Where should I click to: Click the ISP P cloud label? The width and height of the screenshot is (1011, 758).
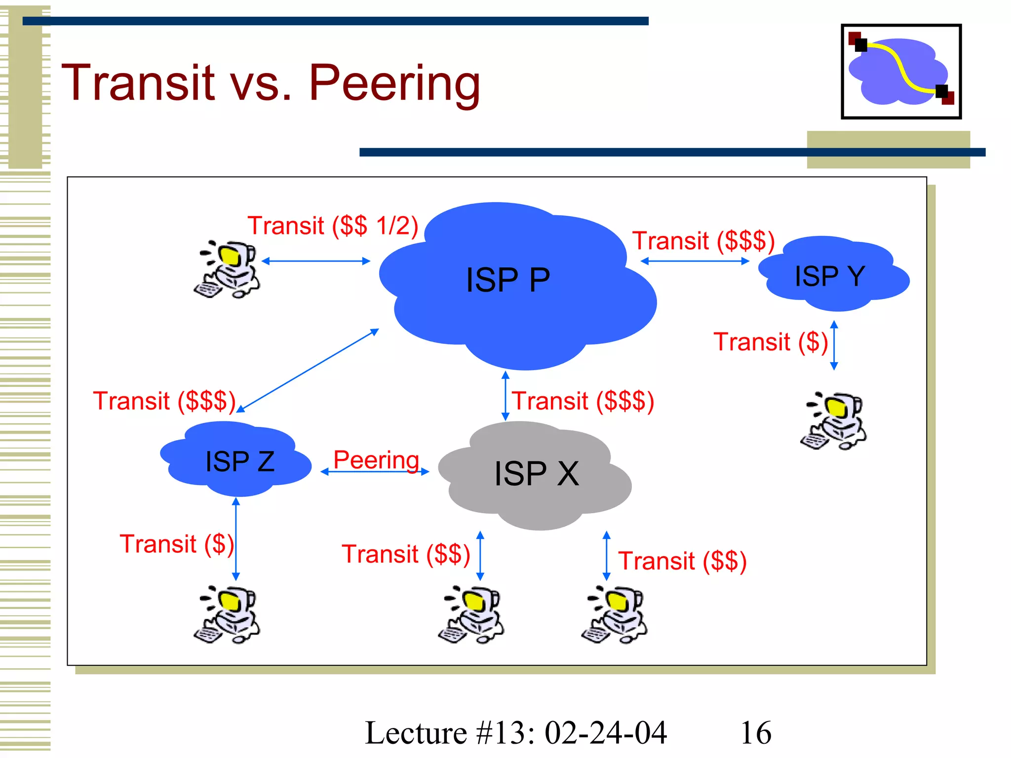(x=507, y=280)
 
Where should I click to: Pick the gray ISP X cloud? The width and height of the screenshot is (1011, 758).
(x=536, y=474)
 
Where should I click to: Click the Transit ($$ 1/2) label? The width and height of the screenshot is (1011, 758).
(x=333, y=226)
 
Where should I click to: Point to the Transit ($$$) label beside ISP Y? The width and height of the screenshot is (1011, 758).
(x=703, y=241)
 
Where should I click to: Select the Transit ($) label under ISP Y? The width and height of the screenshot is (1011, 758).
(x=770, y=341)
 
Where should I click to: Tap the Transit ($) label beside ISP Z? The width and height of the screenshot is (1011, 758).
(x=177, y=544)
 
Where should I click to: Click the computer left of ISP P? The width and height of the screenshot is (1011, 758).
(x=227, y=269)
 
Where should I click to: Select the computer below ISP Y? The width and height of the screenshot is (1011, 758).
(x=833, y=421)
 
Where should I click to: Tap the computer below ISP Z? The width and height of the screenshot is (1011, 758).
(x=227, y=614)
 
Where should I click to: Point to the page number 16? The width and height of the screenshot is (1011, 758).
(x=755, y=732)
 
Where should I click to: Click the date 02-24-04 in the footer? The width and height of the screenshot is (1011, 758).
(x=606, y=732)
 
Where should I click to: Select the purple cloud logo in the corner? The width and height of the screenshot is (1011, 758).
(x=901, y=72)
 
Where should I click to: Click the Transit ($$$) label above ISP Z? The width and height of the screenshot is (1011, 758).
(x=164, y=401)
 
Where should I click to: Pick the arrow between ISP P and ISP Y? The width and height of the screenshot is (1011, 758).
(x=695, y=261)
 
